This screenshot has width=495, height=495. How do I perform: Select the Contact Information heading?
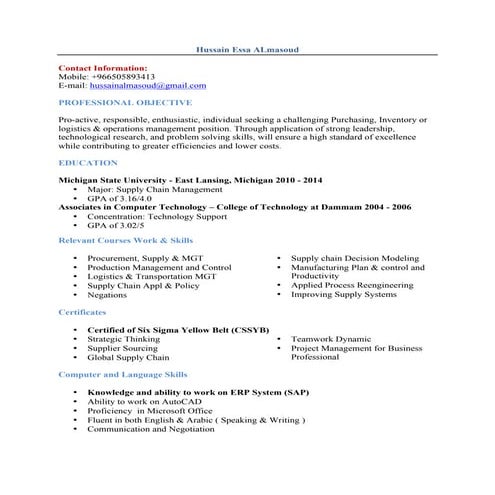click(103, 67)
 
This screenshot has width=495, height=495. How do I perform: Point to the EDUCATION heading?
click(87, 161)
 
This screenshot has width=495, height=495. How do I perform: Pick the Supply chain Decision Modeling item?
click(355, 258)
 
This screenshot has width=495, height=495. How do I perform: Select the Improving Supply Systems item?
click(343, 295)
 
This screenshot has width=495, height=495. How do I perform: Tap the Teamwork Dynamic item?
click(330, 339)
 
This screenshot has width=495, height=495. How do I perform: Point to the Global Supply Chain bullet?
click(128, 357)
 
